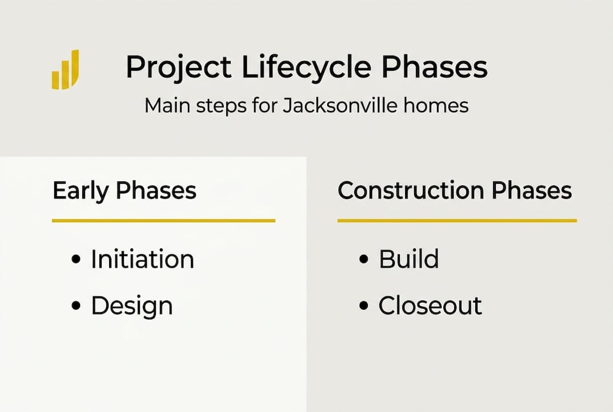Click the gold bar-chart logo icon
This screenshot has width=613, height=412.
[66, 70]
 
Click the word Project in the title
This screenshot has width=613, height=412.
[179, 68]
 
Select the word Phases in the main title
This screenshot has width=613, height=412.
[435, 66]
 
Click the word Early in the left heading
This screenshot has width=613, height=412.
[81, 191]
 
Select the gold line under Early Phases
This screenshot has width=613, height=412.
[163, 220]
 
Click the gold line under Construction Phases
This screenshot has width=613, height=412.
[457, 220]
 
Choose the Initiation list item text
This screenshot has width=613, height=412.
[143, 259]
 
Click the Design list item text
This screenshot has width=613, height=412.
[132, 306]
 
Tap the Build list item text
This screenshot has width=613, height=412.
[408, 259]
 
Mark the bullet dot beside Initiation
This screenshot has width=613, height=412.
[76, 259]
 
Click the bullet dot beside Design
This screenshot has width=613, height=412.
[76, 306]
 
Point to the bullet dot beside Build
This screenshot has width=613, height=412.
[363, 259]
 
